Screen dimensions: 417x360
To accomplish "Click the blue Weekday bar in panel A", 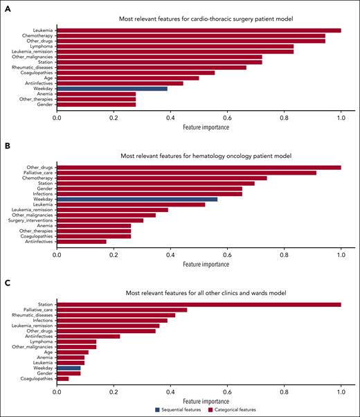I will (x=111, y=89).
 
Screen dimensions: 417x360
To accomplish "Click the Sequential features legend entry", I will (x=178, y=409).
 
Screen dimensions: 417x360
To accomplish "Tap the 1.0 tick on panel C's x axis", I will (x=341, y=391).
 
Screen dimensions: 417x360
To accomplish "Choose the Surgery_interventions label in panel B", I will (x=31, y=220).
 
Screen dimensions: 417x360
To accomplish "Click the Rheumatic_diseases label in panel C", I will (x=33, y=315).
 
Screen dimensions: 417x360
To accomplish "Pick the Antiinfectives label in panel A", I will (x=38, y=83).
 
